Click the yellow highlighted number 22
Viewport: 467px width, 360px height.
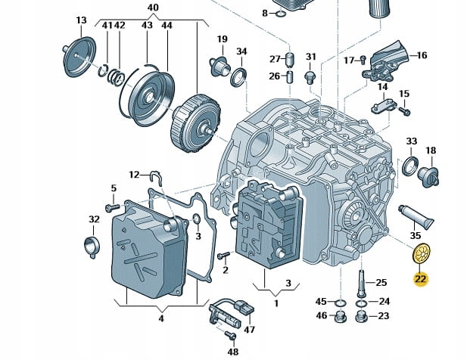coord(420,278)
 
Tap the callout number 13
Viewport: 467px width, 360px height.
coord(82,18)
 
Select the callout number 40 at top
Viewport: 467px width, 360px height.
coord(152,8)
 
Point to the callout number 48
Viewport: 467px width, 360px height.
coord(233,352)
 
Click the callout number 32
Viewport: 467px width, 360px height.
coord(94,219)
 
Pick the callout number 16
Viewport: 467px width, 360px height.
coord(422,54)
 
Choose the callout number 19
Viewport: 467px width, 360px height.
coord(222,39)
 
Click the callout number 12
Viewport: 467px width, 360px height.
coord(134,175)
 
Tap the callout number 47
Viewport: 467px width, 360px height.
coord(250,329)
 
